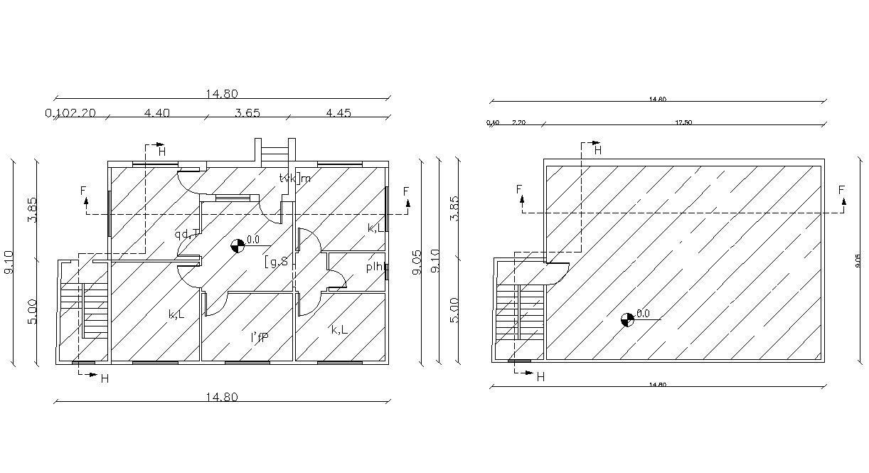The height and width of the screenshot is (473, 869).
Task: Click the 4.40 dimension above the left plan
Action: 157,112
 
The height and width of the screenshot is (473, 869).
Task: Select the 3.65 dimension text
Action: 247,112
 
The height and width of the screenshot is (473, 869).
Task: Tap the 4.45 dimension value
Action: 338,112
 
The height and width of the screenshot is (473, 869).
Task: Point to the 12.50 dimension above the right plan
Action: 683,122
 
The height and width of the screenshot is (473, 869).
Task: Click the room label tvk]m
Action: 295,178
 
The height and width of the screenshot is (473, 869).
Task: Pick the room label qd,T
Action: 187,233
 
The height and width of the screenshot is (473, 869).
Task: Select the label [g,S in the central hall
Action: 277,261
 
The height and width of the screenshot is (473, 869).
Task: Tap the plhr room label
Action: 376,267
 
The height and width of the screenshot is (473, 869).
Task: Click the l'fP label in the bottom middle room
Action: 259,338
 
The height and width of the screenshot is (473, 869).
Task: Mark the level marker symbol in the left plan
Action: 238,246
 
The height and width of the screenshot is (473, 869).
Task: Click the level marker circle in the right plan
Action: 627,319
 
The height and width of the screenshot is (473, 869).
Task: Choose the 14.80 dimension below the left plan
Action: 222,397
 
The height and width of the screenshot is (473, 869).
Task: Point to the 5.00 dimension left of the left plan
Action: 32,310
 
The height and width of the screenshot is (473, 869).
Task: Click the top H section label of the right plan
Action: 597,150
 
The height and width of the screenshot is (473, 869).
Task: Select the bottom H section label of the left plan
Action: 105,379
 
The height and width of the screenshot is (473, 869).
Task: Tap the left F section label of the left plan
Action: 83,191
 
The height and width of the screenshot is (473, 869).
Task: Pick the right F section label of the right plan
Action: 841,190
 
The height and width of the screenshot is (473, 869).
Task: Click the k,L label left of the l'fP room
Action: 176,314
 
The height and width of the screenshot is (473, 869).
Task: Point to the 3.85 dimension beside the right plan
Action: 455,208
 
